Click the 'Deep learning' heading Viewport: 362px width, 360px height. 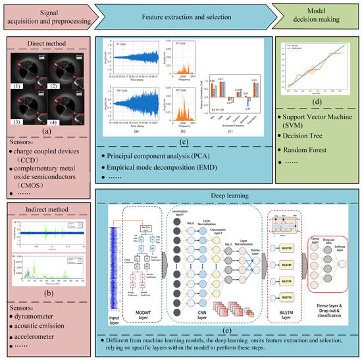pyautogui.click(x=220, y=197)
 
